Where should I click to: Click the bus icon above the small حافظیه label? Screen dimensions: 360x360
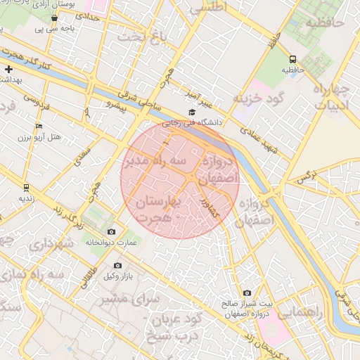(293, 60)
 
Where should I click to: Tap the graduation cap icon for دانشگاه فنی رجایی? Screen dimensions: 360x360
(192, 112)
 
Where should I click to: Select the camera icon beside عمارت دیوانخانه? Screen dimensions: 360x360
(111, 232)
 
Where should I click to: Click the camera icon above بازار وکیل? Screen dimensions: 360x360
(117, 266)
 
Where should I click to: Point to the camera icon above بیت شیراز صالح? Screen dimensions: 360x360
(247, 292)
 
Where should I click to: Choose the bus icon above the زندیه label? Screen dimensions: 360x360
(26, 188)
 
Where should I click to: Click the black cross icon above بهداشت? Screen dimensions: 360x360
(8, 69)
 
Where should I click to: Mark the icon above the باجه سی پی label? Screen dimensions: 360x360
(54, 18)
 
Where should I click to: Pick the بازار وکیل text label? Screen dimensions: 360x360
(117, 278)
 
